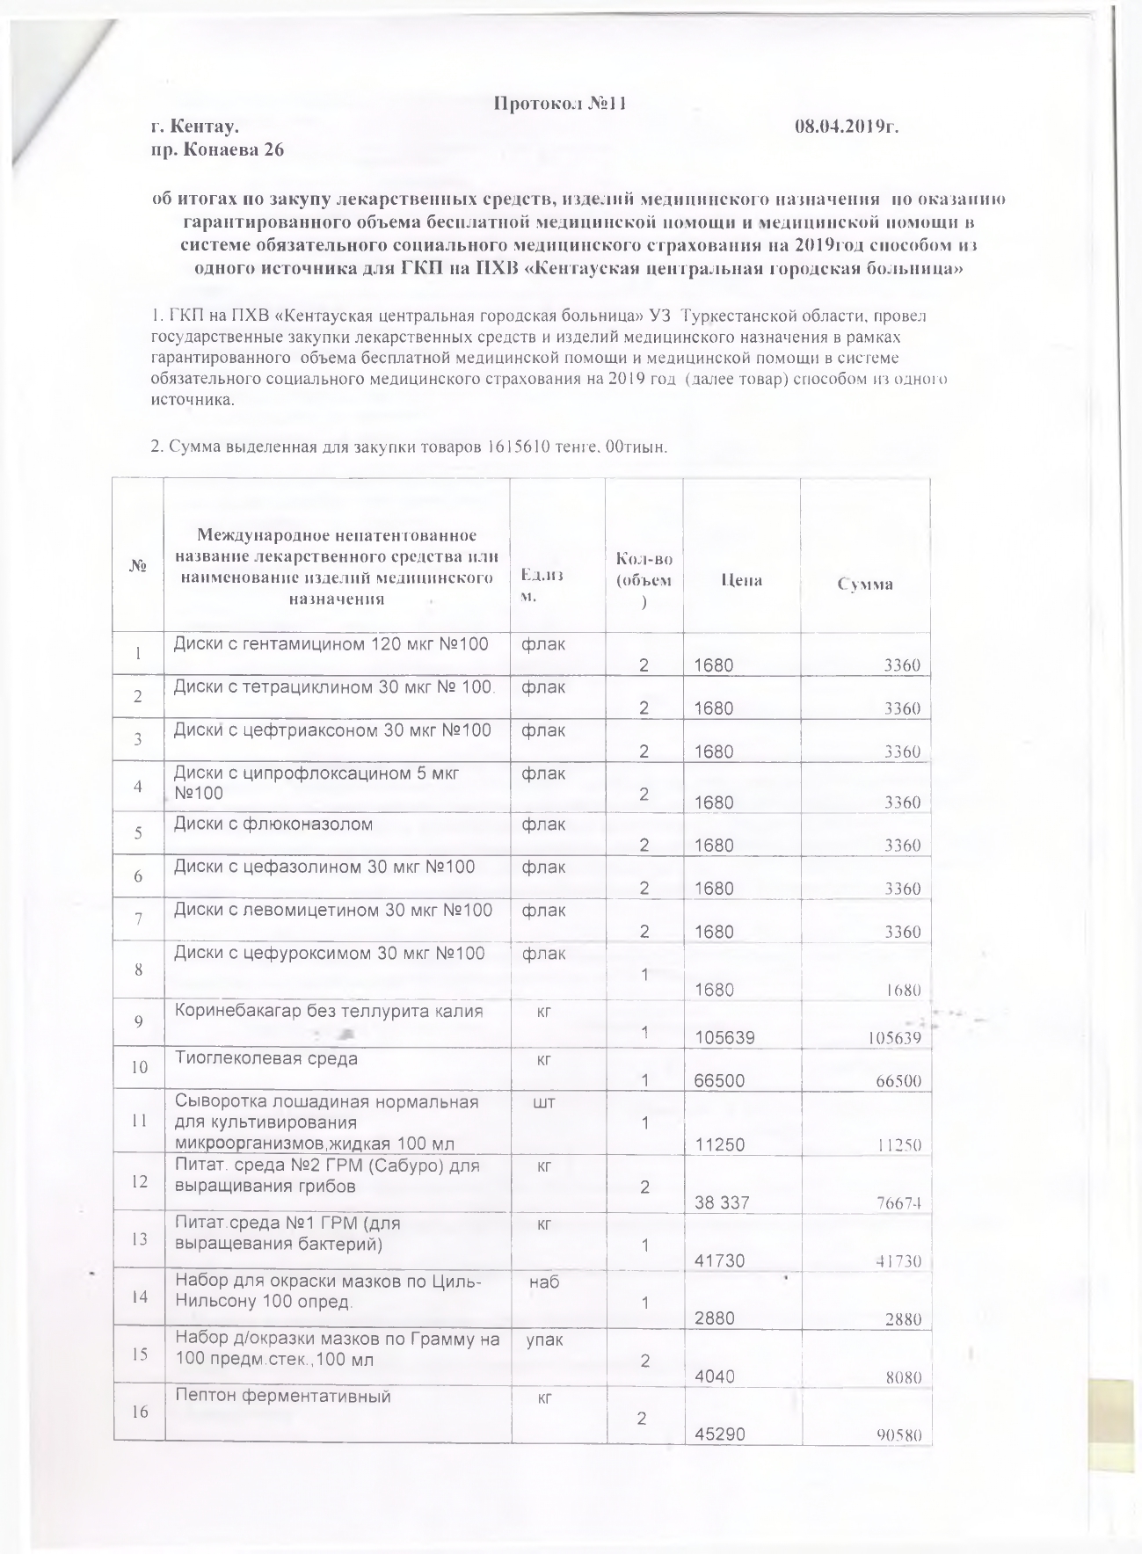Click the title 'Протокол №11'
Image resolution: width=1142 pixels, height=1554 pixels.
point(559,104)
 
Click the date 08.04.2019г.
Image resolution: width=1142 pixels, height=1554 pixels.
point(847,127)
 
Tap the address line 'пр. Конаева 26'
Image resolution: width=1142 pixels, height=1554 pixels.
point(217,150)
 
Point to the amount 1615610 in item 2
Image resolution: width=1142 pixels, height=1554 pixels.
point(519,447)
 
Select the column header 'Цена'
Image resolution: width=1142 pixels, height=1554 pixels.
point(741,580)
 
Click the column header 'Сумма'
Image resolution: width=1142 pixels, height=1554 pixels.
point(865,584)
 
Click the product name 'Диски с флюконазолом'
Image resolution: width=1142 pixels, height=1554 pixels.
point(273,824)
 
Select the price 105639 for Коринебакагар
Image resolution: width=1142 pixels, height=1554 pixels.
point(724,1038)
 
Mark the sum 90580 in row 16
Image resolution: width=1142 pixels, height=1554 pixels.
point(898,1435)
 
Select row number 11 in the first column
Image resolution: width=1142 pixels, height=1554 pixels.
point(139,1122)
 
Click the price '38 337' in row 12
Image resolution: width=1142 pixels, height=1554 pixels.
point(721,1202)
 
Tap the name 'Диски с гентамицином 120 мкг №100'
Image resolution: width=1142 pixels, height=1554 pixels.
point(331,644)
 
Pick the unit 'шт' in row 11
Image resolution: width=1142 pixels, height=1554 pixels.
point(544,1102)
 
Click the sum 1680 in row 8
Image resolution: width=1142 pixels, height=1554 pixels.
point(901,990)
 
